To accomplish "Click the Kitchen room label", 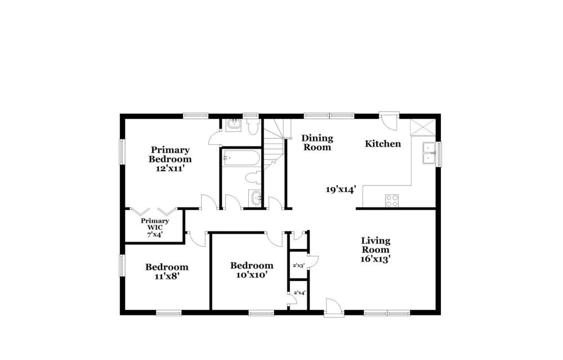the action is [383, 144].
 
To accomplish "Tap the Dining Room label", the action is [317, 143].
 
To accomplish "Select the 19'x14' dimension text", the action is [341, 189].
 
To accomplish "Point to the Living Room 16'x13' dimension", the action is [376, 259].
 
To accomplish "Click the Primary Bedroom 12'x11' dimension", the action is [170, 168].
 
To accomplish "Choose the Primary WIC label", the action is [155, 224].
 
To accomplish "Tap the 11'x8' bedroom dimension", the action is [167, 276].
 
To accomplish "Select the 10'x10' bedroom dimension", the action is [252, 275].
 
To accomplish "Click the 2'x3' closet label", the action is [299, 266].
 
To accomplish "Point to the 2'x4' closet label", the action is [299, 293].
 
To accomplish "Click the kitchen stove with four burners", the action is [392, 201].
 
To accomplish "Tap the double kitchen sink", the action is [429, 153].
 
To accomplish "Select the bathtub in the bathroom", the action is [240, 158].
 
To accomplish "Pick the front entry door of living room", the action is [334, 308].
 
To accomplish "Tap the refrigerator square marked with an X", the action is [423, 127].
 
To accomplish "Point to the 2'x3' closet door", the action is [313, 261].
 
